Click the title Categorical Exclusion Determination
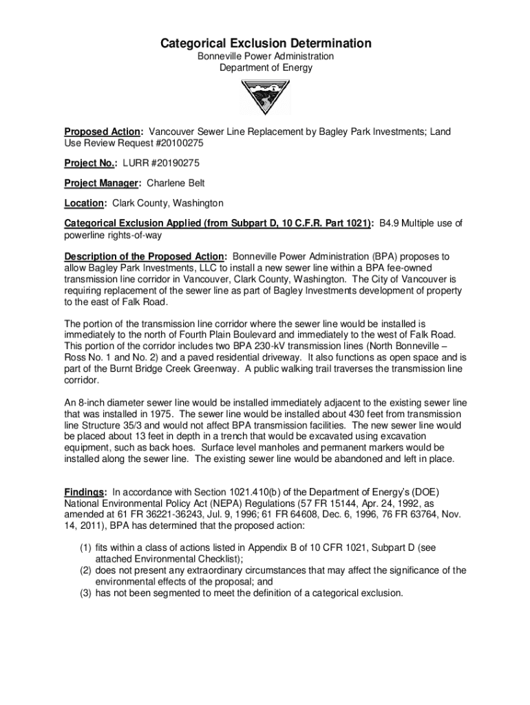(266, 44)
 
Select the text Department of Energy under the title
(266, 68)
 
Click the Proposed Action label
(103, 131)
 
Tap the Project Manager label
(103, 184)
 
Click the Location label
(85, 204)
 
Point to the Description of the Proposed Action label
(145, 255)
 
